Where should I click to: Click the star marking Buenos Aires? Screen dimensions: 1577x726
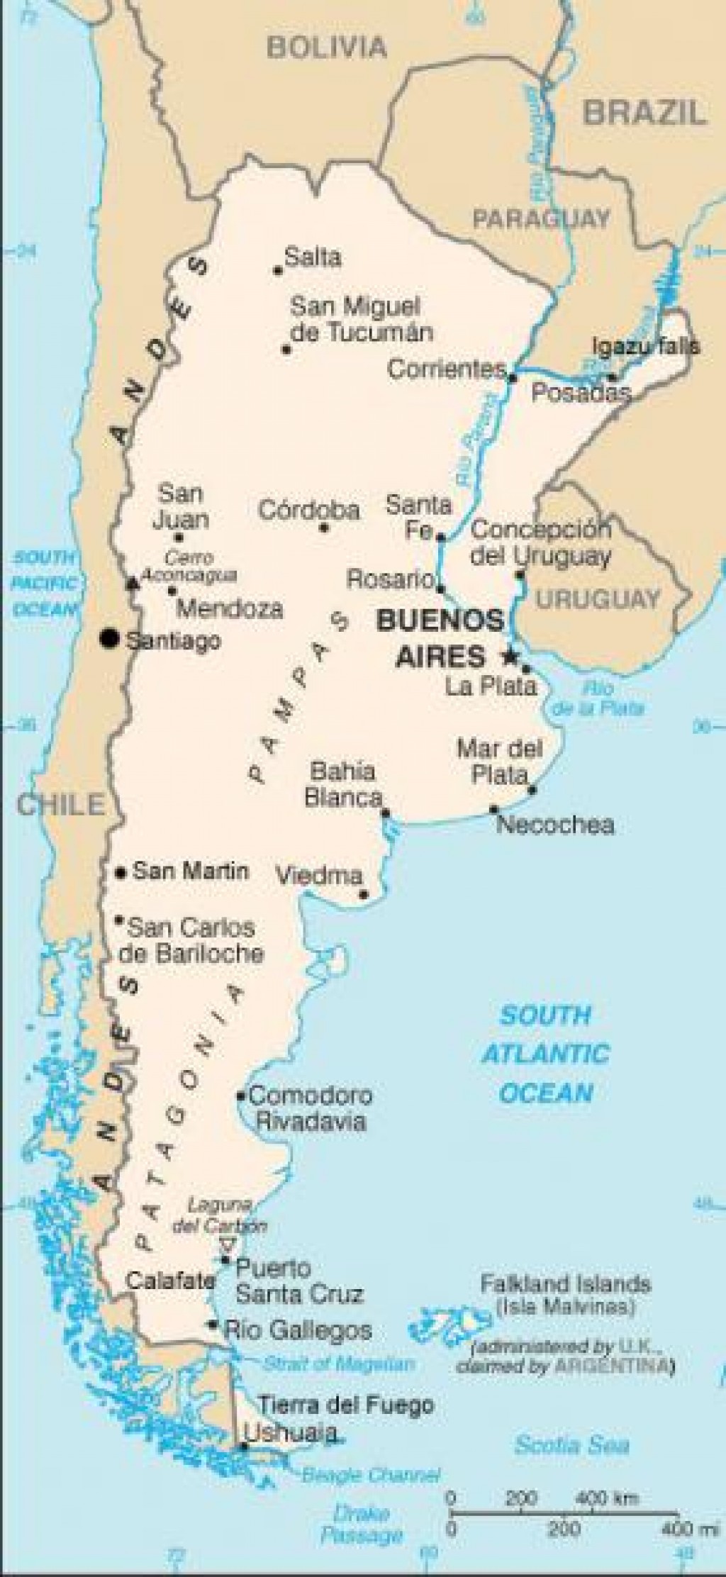508,657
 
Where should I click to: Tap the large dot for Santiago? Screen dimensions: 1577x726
108,638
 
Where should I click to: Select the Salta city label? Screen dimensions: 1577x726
312,257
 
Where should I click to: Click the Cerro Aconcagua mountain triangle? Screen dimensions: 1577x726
132,584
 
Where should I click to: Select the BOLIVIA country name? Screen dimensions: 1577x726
327,48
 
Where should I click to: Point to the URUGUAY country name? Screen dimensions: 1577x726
598,599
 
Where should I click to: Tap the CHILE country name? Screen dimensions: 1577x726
60,804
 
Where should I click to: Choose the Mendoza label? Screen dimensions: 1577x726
229,608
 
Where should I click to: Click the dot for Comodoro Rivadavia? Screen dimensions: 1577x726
241,1096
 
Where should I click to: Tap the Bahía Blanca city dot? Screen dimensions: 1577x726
386,813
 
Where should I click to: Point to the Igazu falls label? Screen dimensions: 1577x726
646,346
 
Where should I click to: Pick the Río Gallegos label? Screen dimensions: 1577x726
298,1330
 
